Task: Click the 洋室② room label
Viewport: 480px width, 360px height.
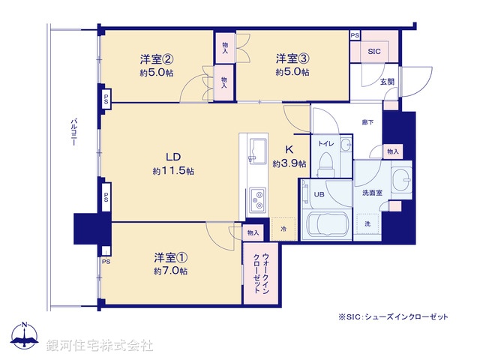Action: click(x=157, y=58)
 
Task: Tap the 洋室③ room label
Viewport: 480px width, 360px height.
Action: click(x=292, y=58)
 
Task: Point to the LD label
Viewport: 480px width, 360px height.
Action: click(x=173, y=157)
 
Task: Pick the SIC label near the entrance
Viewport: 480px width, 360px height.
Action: click(x=373, y=52)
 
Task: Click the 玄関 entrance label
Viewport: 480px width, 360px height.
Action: click(x=386, y=81)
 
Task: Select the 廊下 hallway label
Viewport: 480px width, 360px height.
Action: click(x=368, y=122)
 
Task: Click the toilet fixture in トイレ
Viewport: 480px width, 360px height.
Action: click(x=325, y=163)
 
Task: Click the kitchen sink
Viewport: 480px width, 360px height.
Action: click(x=256, y=150)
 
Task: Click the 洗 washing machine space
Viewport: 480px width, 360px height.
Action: click(x=367, y=224)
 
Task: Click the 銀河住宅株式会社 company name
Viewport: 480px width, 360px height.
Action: click(x=100, y=346)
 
